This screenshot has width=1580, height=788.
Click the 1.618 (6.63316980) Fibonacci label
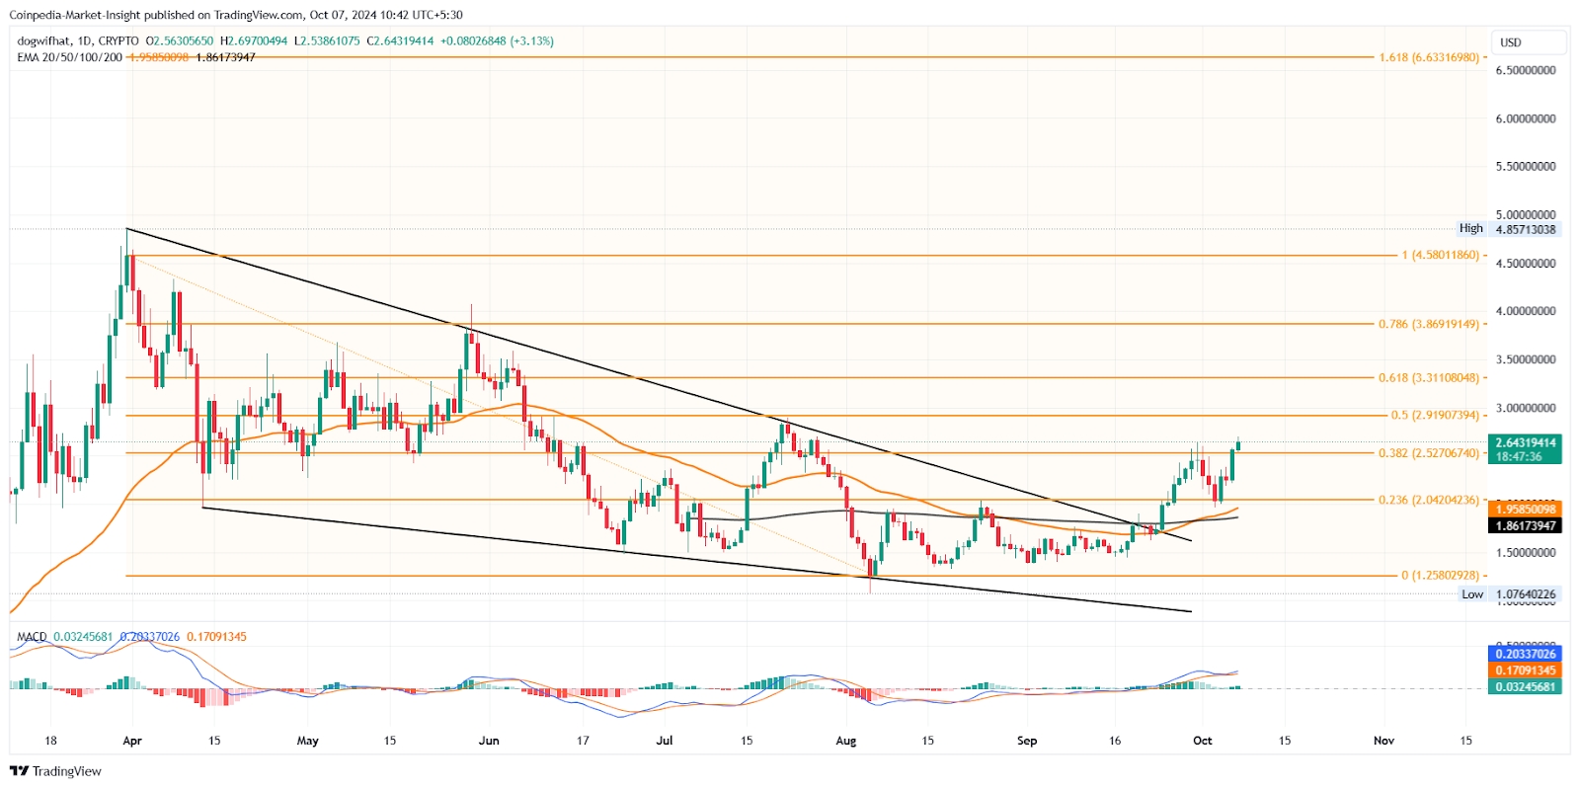pos(1429,57)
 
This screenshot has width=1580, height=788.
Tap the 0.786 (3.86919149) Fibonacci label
pos(1429,324)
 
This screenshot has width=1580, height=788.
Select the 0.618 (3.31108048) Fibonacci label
pos(1429,377)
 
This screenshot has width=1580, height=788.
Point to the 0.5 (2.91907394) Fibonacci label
pos(1435,416)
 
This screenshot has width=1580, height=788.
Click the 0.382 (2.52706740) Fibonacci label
pos(1429,453)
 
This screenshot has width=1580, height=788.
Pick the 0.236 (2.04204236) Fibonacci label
pos(1429,500)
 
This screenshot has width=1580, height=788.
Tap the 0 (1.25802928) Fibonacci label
pos(1440,576)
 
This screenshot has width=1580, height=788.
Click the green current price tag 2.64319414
pos(1526,443)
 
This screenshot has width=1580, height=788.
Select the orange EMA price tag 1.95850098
pos(1526,510)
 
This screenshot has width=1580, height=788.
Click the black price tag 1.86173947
pos(1526,525)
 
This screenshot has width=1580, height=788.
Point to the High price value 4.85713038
pos(1526,229)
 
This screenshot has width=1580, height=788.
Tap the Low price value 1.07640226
pos(1526,594)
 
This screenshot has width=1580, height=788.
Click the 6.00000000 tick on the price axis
pos(1526,118)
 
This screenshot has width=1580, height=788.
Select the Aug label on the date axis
pos(845,741)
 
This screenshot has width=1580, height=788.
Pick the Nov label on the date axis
pos(1383,741)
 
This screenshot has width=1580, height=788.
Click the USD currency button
pos(1511,42)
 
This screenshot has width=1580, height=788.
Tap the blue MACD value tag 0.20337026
pos(1526,654)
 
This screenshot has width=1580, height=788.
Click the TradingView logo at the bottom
pos(56,771)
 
